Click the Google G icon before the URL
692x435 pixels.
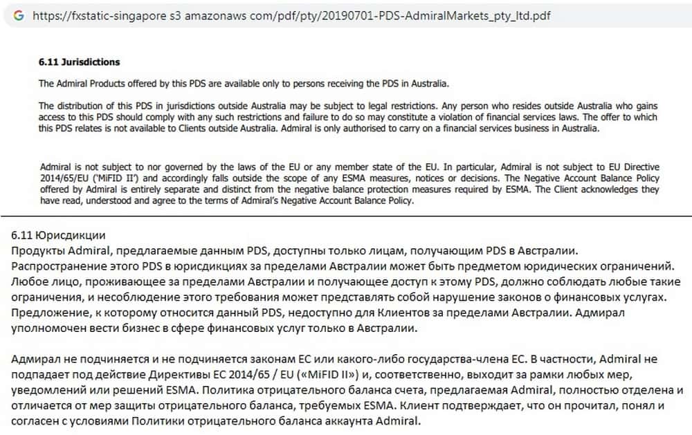(x=18, y=15)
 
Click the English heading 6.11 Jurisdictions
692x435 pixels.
(x=79, y=62)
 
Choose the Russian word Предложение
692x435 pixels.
(x=48, y=313)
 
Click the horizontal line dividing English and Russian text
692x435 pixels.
(x=346, y=216)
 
